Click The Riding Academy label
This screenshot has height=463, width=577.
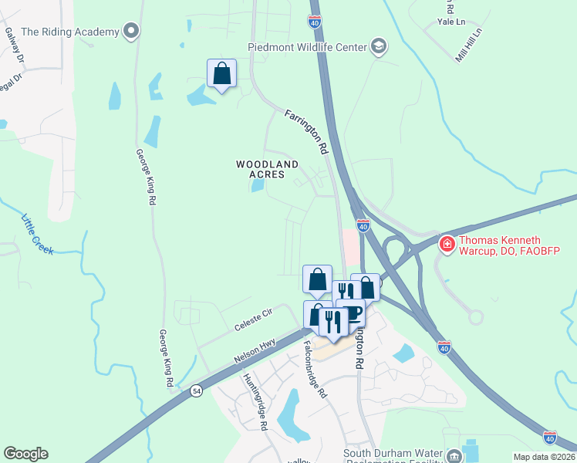tap(70, 32)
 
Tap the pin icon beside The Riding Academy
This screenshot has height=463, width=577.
tap(131, 32)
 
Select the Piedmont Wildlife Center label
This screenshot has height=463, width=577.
tap(307, 47)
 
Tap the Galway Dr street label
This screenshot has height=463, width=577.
tap(15, 46)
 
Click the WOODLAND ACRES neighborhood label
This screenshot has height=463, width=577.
tap(267, 169)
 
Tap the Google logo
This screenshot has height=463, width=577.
tap(25, 454)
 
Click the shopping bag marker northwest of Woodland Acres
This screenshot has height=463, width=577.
tap(221, 74)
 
